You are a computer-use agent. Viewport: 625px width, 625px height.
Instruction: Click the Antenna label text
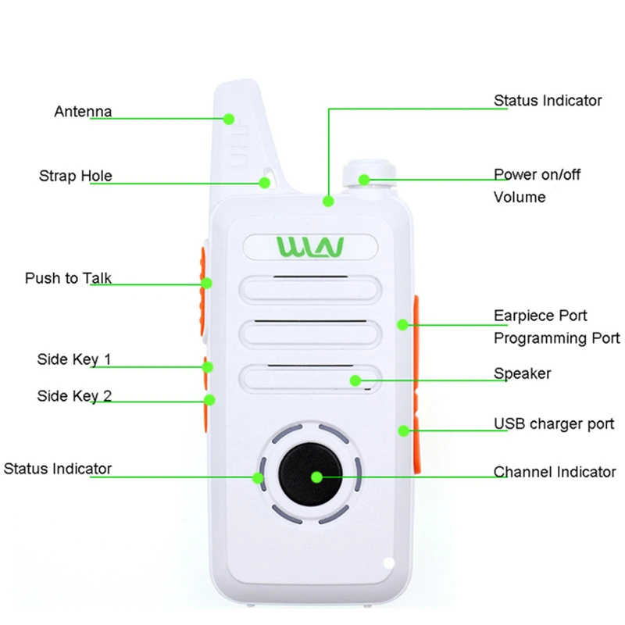click(x=83, y=112)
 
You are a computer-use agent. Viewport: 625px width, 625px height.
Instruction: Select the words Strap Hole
click(x=76, y=176)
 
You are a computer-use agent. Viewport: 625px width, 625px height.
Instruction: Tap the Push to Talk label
click(x=68, y=278)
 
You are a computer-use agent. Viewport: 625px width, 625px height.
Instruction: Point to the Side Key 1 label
click(x=74, y=359)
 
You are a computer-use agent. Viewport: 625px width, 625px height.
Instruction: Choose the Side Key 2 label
click(x=74, y=396)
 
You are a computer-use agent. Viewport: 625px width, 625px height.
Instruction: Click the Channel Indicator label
click(x=555, y=472)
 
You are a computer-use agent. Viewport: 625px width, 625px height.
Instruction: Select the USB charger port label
click(x=554, y=424)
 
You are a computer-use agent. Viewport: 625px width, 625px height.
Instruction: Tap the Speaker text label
click(x=522, y=373)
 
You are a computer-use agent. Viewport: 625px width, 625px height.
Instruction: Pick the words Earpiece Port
click(x=541, y=316)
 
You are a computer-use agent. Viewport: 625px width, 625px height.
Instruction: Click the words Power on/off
click(x=537, y=174)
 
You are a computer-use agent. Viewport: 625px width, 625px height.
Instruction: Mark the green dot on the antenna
click(x=229, y=119)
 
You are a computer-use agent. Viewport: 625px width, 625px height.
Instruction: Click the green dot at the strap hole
click(x=265, y=183)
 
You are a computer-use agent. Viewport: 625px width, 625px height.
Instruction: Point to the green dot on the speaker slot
click(x=355, y=380)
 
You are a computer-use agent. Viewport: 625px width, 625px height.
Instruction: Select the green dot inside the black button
click(x=316, y=476)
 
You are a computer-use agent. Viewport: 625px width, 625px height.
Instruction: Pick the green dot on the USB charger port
click(x=404, y=430)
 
